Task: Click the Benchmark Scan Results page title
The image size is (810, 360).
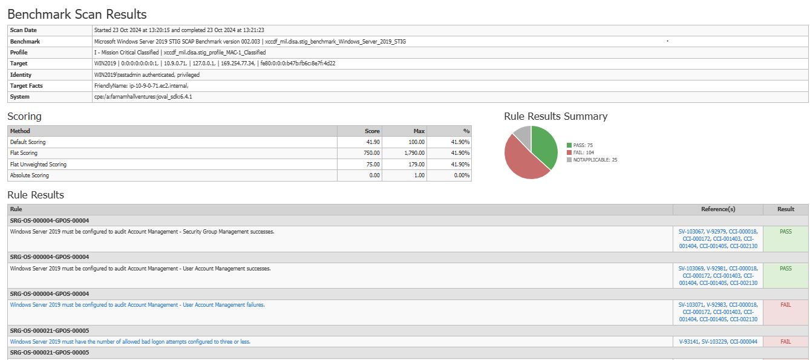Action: click(x=77, y=14)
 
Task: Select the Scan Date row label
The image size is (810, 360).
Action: click(x=24, y=30)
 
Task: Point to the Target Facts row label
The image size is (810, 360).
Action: click(x=27, y=86)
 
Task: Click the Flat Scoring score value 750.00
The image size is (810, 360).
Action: click(x=371, y=153)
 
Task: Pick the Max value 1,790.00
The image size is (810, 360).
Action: click(x=414, y=153)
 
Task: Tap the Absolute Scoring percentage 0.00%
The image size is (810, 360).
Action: click(x=462, y=175)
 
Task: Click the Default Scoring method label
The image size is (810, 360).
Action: click(x=28, y=142)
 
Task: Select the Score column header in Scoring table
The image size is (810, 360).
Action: click(x=372, y=131)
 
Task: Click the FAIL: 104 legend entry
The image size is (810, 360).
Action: click(x=580, y=152)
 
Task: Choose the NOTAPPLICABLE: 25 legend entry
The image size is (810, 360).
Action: click(x=592, y=160)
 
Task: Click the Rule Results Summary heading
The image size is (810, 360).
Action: click(x=555, y=116)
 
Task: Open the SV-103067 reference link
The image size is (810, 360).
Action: click(x=691, y=232)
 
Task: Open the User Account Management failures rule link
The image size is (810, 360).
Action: click(x=137, y=305)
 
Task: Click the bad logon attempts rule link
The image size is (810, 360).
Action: click(x=130, y=342)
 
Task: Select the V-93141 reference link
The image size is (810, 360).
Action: click(x=688, y=342)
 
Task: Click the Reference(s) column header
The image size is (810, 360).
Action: click(x=718, y=209)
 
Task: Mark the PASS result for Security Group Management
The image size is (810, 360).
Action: click(x=785, y=232)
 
